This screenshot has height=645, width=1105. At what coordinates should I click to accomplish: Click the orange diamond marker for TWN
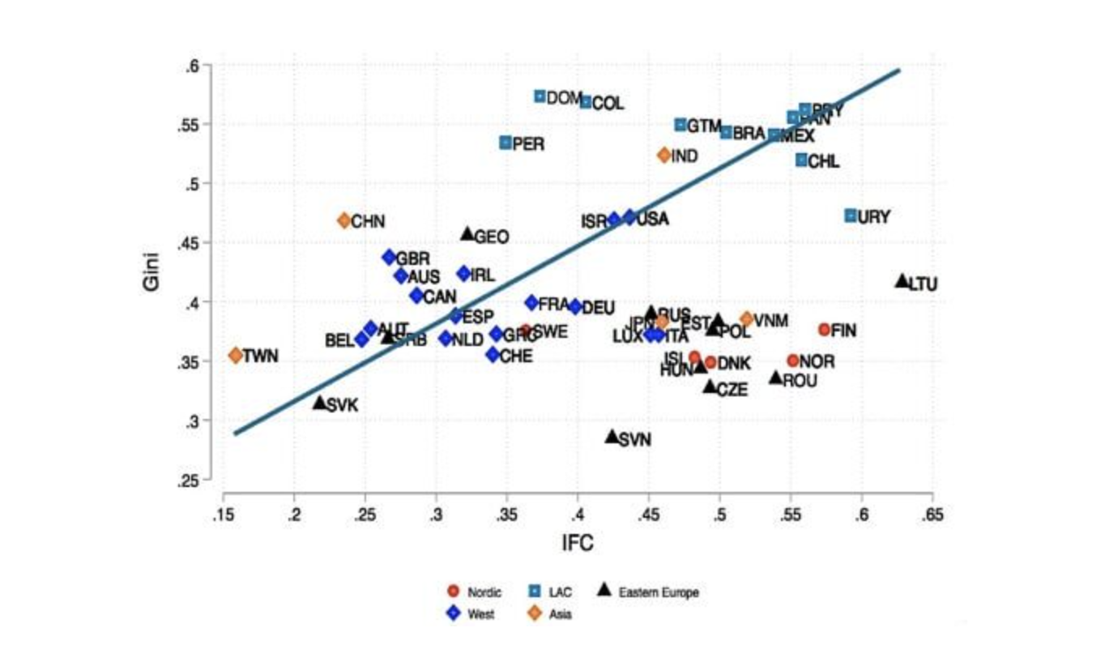(x=236, y=355)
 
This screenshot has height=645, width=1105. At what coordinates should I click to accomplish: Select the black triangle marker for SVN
(x=612, y=437)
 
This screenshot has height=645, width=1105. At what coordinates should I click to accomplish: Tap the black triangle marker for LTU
(x=902, y=281)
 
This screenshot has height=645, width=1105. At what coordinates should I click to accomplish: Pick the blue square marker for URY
(x=851, y=216)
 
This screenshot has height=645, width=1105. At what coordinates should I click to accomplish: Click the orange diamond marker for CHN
(x=344, y=220)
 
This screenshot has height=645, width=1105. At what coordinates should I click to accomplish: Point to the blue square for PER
(x=506, y=143)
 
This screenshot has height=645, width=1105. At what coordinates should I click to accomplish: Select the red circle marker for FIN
(x=825, y=329)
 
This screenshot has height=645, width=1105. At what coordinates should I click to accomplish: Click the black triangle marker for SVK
(x=320, y=403)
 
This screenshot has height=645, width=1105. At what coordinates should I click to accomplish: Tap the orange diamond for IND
(x=665, y=155)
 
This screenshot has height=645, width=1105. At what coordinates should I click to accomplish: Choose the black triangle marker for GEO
(x=467, y=234)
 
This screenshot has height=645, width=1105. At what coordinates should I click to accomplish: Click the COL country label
(x=608, y=104)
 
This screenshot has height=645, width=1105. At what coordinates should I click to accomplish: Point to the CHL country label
(x=823, y=162)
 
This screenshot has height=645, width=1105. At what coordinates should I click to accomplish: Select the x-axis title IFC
(x=578, y=543)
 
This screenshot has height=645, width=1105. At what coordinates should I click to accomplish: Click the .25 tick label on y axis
(x=190, y=481)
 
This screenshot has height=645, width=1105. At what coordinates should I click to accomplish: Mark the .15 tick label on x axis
(x=224, y=516)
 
